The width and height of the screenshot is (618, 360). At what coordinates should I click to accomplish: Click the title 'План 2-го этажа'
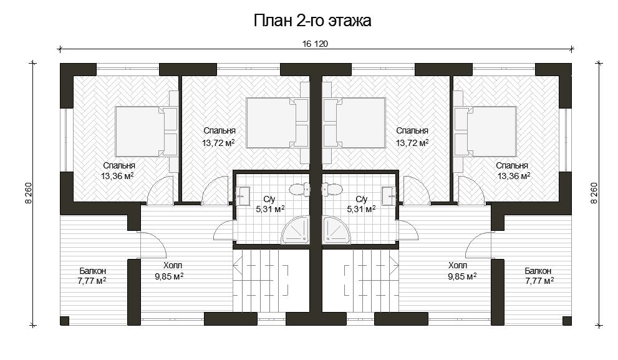(312, 21)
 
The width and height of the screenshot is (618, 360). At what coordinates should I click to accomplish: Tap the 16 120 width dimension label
(316, 44)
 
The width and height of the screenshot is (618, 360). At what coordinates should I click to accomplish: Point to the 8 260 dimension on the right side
(594, 193)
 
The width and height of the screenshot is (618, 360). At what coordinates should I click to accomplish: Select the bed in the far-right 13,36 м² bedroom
(485, 131)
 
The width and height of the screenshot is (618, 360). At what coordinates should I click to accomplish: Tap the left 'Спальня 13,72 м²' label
(219, 137)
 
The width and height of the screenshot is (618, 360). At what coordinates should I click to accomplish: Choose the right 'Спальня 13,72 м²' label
(412, 137)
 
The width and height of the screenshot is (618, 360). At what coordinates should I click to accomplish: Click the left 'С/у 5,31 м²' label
(270, 204)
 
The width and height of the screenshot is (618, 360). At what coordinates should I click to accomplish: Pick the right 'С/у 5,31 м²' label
(361, 204)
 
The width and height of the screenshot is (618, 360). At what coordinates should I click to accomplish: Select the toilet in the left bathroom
(301, 190)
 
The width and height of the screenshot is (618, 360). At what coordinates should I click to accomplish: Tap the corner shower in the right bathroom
(336, 230)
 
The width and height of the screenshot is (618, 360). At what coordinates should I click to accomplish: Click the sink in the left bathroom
(243, 196)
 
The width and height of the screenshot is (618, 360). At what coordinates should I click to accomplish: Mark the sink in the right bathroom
(389, 196)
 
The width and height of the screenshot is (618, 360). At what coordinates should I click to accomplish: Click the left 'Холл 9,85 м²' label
(170, 271)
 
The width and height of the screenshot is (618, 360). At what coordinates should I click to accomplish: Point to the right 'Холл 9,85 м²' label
(462, 271)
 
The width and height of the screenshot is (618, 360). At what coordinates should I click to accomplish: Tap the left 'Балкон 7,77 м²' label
(92, 276)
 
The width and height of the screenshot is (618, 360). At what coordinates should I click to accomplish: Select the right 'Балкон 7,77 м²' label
(539, 276)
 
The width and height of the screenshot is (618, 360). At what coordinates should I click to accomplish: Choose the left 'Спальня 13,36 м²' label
(118, 171)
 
